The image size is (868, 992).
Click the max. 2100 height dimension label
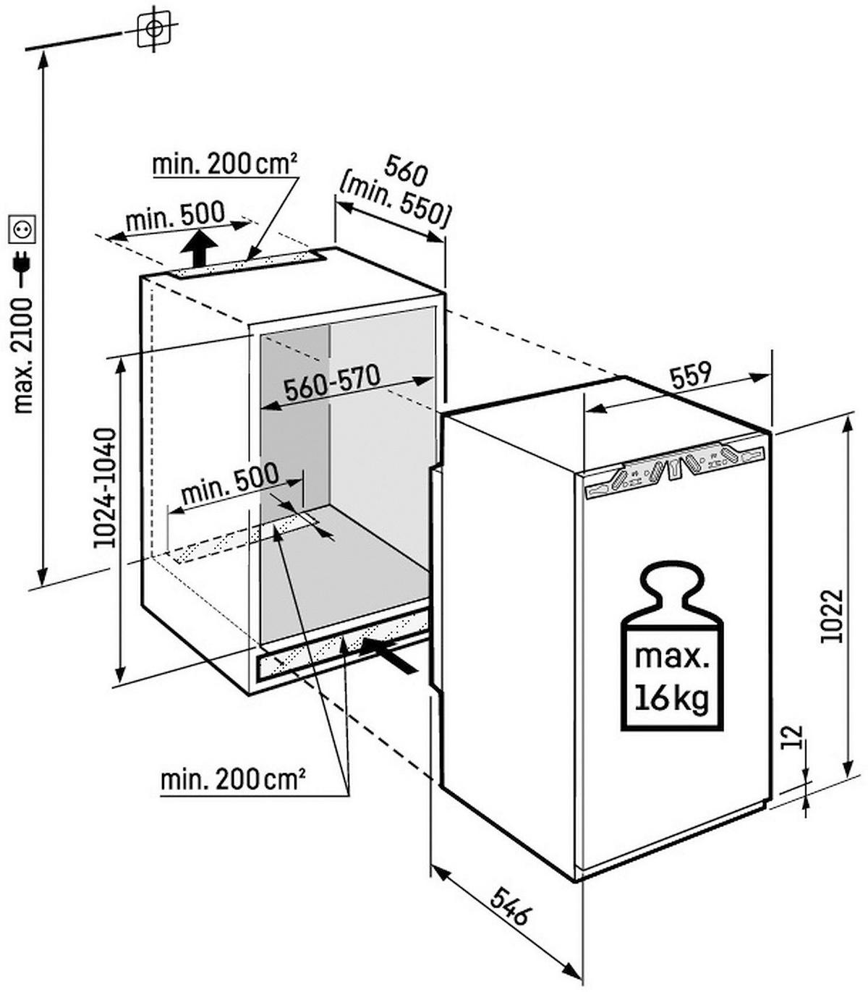pyautogui.click(x=23, y=357)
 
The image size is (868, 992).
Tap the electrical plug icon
pyautogui.click(x=22, y=264)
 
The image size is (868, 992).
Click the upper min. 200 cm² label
pyautogui.click(x=224, y=165)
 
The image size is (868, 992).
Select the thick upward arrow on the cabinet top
pyautogui.click(x=200, y=249)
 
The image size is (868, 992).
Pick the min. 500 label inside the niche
pyautogui.click(x=230, y=484)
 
